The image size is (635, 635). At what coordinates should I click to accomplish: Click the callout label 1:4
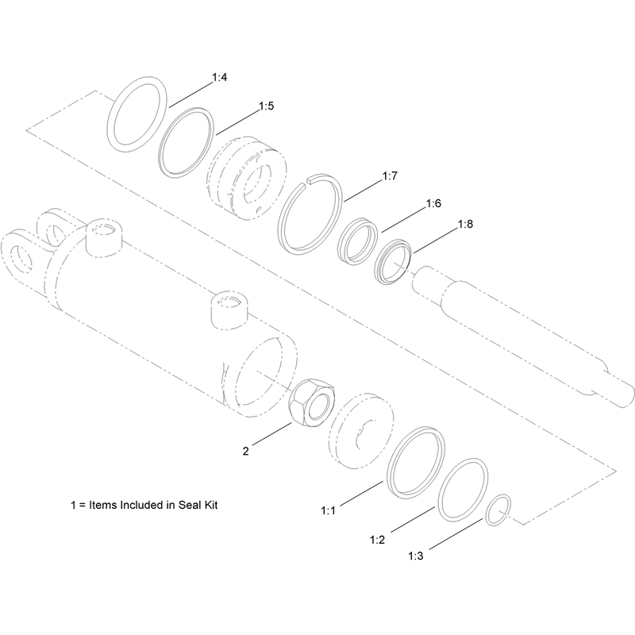220,77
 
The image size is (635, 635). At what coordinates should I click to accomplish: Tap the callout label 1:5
267,106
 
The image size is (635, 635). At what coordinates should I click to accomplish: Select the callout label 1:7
390,175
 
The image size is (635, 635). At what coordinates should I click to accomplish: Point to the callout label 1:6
433,203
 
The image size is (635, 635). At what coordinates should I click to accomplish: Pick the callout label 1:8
465,224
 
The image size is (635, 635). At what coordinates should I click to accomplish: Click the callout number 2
246,451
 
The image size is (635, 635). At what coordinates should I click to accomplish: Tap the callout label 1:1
329,510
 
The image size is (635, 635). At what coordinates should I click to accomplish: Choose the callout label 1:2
377,540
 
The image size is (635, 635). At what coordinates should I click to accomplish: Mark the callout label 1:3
415,556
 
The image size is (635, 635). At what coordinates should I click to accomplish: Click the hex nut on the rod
312,402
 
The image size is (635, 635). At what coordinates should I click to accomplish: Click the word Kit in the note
211,505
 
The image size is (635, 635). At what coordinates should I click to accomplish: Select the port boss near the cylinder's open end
229,310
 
